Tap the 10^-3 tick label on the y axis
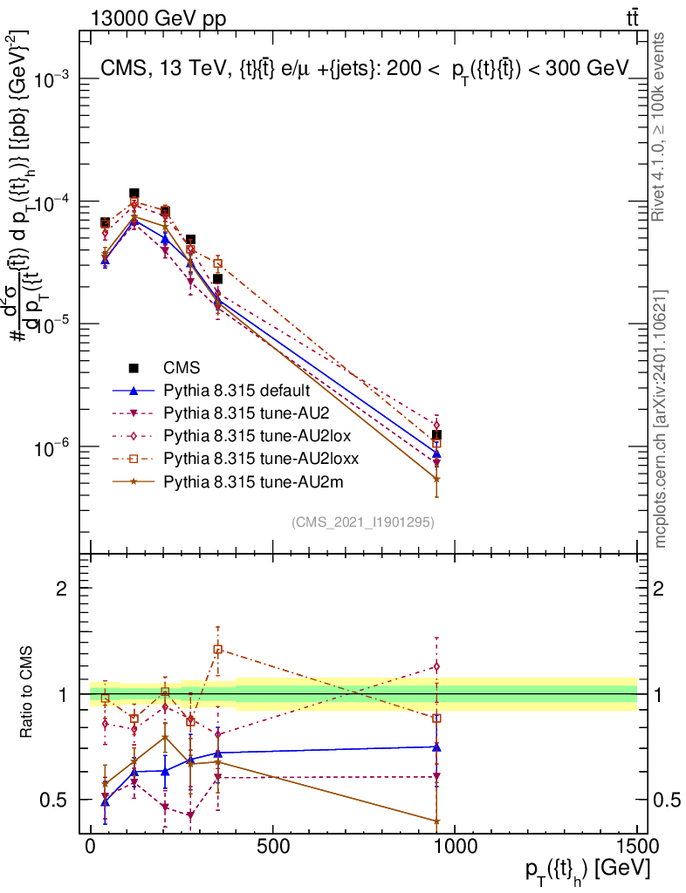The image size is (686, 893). [x=51, y=80]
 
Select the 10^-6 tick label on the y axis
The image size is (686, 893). [x=51, y=448]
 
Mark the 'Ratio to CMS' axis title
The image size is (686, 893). [x=27, y=694]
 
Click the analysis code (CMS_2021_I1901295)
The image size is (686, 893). [x=364, y=522]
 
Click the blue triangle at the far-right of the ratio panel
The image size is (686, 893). [x=436, y=746]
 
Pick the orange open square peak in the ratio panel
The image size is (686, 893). [x=217, y=649]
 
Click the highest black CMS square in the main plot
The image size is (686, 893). [x=134, y=194]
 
